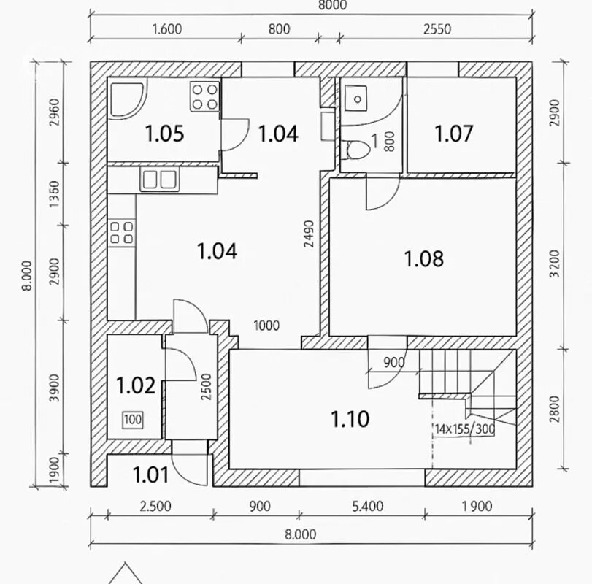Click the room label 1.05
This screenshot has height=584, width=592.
165,134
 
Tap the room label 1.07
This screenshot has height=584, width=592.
453,134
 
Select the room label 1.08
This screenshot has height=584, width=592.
424,259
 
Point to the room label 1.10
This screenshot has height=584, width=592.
350,419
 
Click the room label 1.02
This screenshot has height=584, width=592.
136,385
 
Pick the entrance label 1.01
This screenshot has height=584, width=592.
150,475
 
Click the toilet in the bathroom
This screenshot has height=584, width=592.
357,150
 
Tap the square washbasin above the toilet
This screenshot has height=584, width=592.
356,99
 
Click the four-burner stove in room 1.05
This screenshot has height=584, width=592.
204,96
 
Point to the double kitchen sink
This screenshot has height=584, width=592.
160,180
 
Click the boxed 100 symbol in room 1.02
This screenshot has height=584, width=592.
133,420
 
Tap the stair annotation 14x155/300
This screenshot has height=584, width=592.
464,429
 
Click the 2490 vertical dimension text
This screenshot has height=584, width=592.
310,234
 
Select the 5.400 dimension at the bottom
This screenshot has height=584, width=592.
368,506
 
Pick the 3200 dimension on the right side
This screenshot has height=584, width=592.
555,264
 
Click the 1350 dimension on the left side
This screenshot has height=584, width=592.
55,194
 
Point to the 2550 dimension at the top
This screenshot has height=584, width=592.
437,29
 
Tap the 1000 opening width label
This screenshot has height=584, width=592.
266,326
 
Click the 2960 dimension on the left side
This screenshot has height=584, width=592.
55,112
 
